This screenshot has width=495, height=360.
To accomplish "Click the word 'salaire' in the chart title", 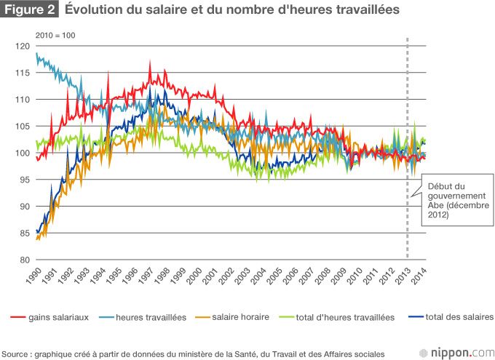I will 165,10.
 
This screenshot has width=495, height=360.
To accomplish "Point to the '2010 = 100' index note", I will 55,35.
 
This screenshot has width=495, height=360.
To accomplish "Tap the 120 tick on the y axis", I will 23,47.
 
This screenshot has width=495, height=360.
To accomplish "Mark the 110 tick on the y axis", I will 23,100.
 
